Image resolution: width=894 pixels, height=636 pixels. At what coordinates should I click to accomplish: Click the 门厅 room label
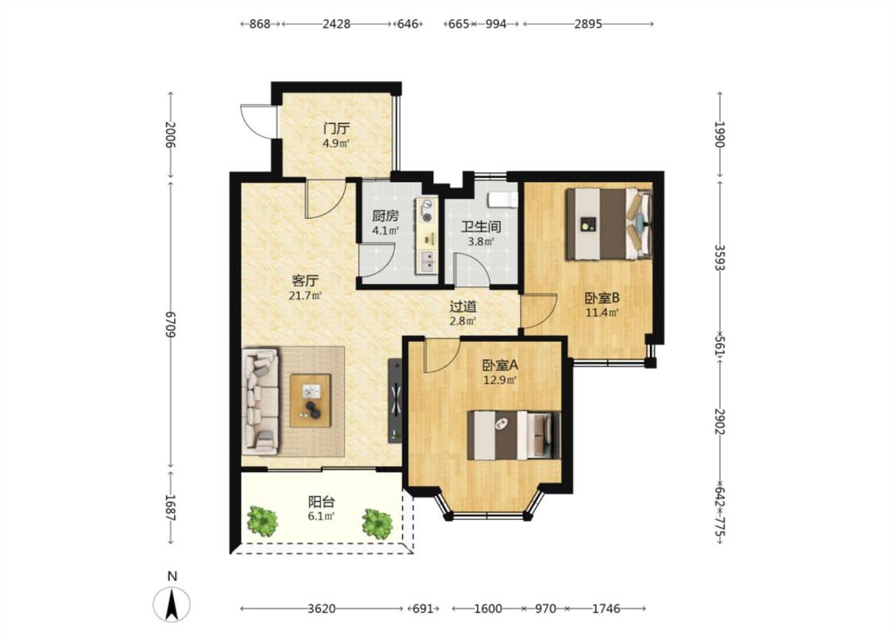click(336, 128)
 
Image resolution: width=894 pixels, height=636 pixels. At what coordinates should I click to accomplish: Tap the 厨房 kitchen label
click(385, 215)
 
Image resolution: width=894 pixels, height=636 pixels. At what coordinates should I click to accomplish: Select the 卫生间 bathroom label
click(481, 227)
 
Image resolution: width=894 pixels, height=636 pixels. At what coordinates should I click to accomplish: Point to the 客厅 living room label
click(305, 281)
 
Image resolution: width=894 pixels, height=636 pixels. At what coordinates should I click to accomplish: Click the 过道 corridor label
click(463, 306)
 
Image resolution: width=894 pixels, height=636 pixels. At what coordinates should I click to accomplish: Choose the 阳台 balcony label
click(322, 502)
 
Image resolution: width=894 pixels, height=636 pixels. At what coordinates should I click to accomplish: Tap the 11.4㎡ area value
click(602, 312)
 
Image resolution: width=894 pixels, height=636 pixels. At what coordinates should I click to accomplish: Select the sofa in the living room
click(261, 401)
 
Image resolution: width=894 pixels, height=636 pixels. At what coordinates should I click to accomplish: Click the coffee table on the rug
click(311, 401)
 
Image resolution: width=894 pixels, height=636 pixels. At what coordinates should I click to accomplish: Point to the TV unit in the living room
click(394, 400)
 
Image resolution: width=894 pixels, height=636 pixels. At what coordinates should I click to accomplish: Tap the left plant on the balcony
click(262, 521)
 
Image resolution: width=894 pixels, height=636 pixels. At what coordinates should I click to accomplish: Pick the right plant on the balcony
click(377, 523)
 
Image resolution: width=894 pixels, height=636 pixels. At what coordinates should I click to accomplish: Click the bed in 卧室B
click(609, 224)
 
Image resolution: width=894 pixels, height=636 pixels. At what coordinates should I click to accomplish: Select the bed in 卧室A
click(513, 435)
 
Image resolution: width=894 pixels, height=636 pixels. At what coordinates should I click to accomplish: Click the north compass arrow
click(172, 605)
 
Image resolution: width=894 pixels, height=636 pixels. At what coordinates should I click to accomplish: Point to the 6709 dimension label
click(169, 324)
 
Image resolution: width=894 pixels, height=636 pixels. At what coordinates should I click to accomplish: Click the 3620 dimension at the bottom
click(322, 609)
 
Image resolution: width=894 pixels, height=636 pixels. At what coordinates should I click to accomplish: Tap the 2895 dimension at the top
click(588, 24)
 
